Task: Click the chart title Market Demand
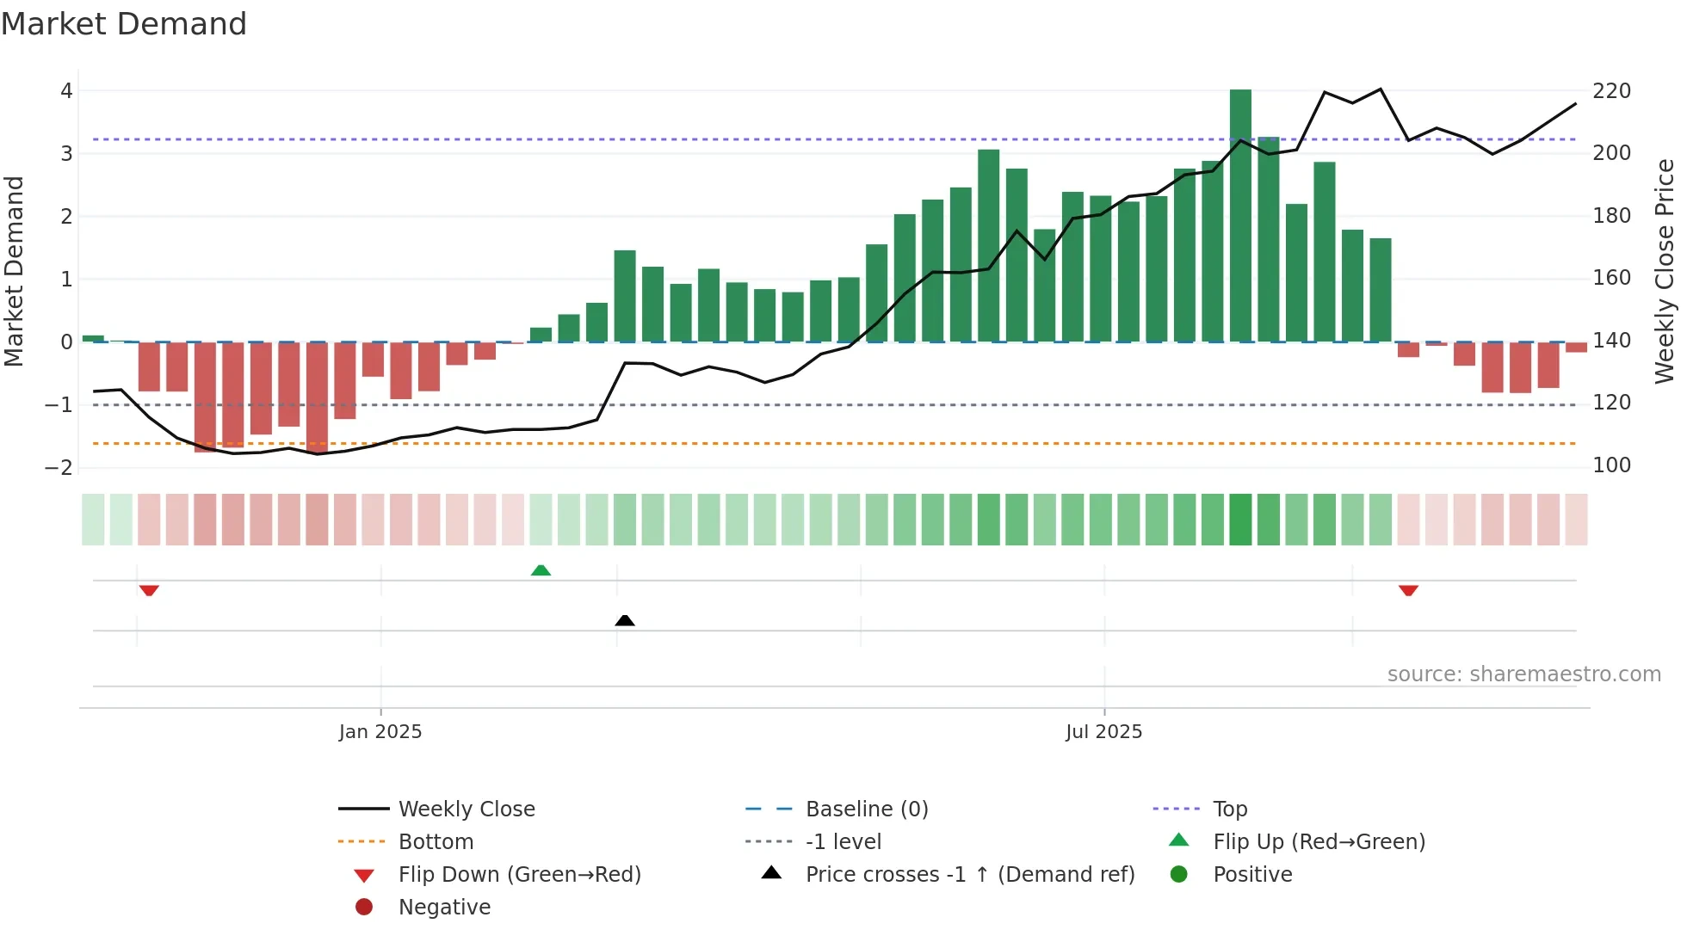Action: [x=124, y=24]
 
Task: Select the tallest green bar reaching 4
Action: [x=1240, y=215]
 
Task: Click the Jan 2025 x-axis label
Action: [x=380, y=732]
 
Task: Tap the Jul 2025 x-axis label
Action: [x=1103, y=732]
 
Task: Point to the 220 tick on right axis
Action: [x=1611, y=91]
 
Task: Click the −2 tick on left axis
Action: [x=59, y=468]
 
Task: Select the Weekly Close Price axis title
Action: [x=1665, y=271]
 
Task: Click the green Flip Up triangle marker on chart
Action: [x=541, y=570]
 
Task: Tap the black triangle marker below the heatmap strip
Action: [x=625, y=620]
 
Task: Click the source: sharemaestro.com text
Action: [x=1523, y=674]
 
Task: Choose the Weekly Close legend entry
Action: [x=466, y=809]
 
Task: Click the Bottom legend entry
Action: [x=436, y=842]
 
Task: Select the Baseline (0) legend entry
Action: [x=866, y=809]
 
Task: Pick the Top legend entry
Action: [x=1230, y=809]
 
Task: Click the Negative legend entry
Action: [x=444, y=908]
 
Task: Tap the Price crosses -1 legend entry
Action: [x=969, y=875]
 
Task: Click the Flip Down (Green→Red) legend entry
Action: [x=519, y=875]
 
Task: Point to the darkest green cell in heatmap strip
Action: [x=1240, y=520]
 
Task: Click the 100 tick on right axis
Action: [x=1611, y=465]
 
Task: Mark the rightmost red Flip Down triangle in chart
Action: [x=1408, y=590]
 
